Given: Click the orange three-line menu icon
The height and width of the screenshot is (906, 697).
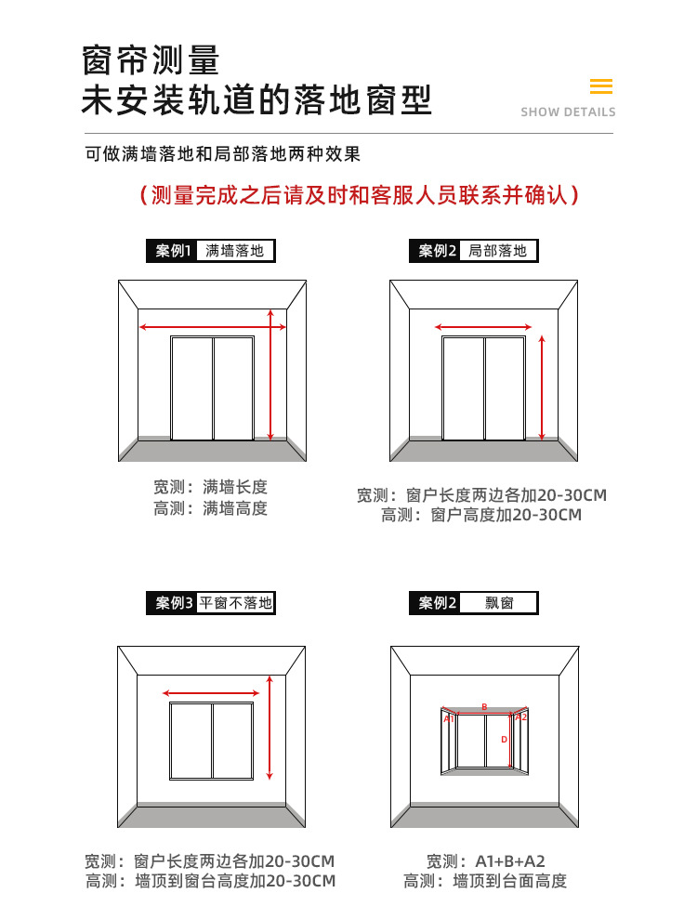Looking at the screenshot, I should [601, 87].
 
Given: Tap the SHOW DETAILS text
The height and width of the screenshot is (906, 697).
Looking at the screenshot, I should [568, 112].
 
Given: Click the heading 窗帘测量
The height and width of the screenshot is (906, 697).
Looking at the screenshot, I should [151, 60].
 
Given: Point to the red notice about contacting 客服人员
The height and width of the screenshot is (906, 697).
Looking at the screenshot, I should [359, 195].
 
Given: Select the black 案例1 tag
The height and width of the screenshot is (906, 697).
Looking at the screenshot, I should [173, 251].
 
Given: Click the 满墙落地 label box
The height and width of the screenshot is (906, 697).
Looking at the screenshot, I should [235, 251].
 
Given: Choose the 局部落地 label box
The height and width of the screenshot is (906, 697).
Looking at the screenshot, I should [497, 251].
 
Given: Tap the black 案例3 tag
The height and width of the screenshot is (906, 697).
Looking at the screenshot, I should [173, 603].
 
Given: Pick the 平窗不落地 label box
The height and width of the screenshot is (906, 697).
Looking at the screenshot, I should [235, 603].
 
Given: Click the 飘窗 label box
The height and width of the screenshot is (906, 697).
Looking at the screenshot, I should [498, 603].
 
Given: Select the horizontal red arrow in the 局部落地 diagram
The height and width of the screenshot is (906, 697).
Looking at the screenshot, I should [483, 327].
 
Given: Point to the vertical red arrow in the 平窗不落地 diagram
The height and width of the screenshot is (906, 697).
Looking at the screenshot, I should [270, 728].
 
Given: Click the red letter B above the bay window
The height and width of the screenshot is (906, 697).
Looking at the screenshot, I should [484, 707].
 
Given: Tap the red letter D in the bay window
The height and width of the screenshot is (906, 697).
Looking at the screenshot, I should [504, 740].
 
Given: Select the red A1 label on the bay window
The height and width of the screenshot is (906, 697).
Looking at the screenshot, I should [448, 717].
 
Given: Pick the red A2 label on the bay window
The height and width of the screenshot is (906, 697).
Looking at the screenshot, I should [521, 716].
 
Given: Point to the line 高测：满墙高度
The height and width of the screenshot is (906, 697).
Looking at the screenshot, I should [211, 508].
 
